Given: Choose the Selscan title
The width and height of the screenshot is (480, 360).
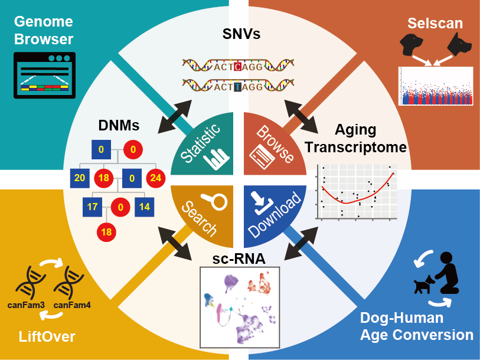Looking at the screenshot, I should tap(435, 24).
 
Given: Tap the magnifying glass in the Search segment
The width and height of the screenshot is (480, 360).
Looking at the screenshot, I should tap(218, 202).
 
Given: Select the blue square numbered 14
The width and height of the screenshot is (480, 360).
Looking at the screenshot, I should tap(145, 207).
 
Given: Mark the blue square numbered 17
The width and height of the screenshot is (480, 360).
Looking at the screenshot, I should tap(92, 207).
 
